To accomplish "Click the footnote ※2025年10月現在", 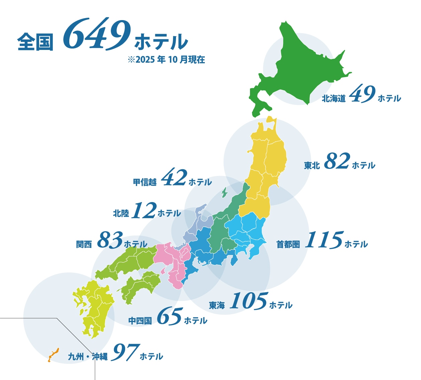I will point(166,60).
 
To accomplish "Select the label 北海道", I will point(333,99).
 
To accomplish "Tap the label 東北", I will point(312,166).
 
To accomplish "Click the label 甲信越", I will point(145,182).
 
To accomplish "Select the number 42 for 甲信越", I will point(174,178).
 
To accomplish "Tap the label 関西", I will point(84,244).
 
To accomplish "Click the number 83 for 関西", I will point(110,240).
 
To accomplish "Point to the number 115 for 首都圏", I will point(324,240).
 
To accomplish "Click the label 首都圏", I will point(288,245).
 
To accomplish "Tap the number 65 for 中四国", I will point(169,316).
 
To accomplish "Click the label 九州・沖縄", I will point(88,357).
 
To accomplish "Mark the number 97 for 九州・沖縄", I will point(125,352).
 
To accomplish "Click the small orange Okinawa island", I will point(53,355).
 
